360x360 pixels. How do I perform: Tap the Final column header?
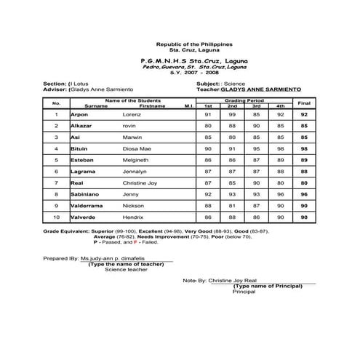[x=305, y=103]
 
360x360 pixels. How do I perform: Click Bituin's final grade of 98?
[x=305, y=148]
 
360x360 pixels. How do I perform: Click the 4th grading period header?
[x=280, y=106]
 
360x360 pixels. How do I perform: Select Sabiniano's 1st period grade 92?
[x=208, y=194]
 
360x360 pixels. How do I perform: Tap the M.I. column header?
[x=188, y=106]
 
